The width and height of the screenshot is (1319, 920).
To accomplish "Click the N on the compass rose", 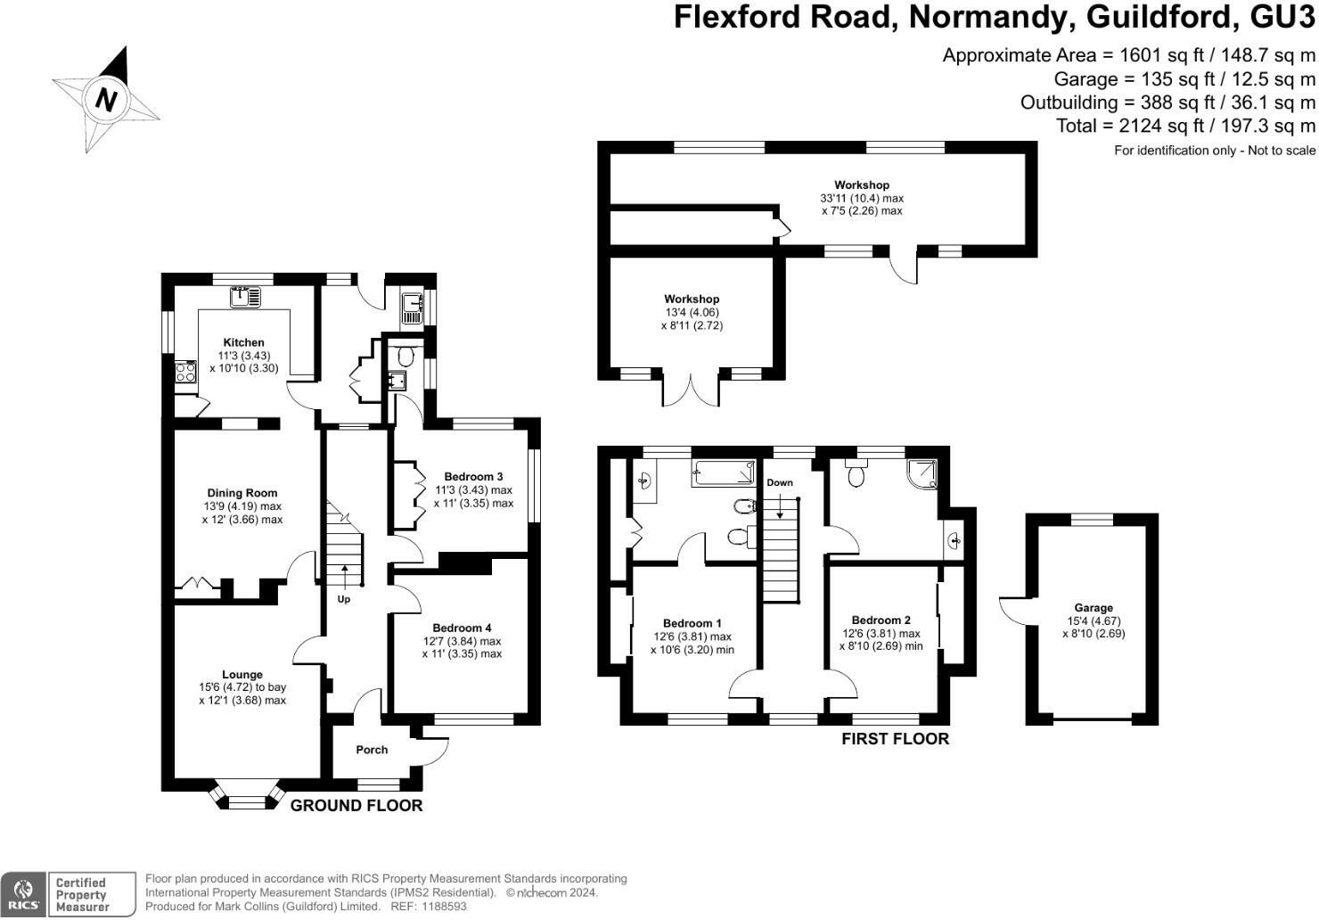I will pyautogui.click(x=106, y=99).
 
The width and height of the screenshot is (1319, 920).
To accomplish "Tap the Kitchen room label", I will pyautogui.click(x=243, y=342).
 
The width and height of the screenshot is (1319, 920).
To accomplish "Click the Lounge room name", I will pyautogui.click(x=242, y=675).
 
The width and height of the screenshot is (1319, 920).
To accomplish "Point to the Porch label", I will pyautogui.click(x=372, y=750).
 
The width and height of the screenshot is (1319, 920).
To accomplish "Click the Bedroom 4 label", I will pyautogui.click(x=463, y=628).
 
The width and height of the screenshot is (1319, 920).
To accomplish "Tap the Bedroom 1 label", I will pyautogui.click(x=692, y=623).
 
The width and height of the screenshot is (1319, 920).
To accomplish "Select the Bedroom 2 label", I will pyautogui.click(x=881, y=620).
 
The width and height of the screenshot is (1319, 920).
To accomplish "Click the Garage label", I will pyautogui.click(x=1094, y=608).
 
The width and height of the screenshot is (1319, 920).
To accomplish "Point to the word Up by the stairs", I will pyautogui.click(x=344, y=599).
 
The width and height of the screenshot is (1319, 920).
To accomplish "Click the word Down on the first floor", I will pyautogui.click(x=780, y=483).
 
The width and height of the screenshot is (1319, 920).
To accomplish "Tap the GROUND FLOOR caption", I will pyautogui.click(x=356, y=806).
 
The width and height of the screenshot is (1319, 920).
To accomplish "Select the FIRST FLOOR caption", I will pyautogui.click(x=895, y=739).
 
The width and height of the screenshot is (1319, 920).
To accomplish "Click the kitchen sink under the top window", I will pyautogui.click(x=245, y=297).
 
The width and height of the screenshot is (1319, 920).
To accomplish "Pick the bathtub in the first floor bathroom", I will pyautogui.click(x=723, y=473).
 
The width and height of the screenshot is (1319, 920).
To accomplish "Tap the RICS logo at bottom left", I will pyautogui.click(x=24, y=893).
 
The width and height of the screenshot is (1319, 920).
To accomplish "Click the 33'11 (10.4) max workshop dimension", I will pyautogui.click(x=862, y=198).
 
